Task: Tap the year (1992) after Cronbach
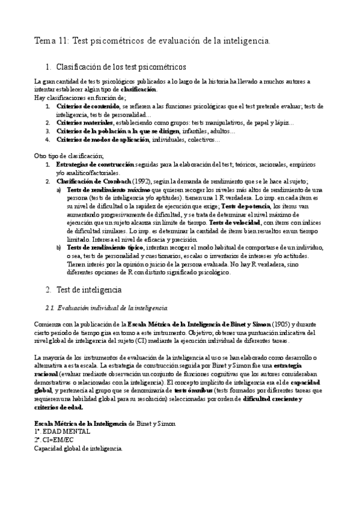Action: pos(142,181)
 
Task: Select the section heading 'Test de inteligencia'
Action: pos(88,289)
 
